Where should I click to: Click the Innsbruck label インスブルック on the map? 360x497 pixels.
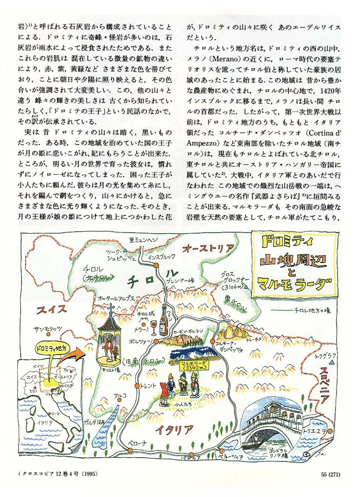pos(162,257)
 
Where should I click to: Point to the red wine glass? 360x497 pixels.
pos(153,327)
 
